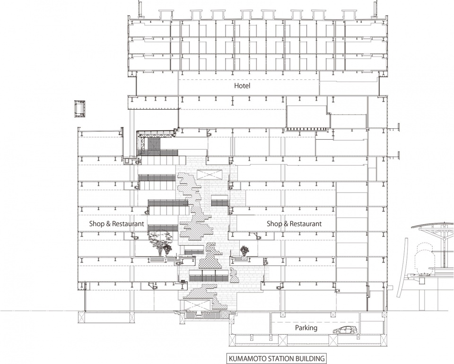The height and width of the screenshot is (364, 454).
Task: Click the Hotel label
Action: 242,85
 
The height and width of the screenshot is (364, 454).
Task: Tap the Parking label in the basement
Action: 306,328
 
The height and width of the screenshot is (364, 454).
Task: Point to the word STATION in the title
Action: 274,358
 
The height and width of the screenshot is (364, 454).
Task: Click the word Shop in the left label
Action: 96,224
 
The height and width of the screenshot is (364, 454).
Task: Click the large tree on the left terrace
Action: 159,242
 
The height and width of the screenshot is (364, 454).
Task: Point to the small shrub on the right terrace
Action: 244,250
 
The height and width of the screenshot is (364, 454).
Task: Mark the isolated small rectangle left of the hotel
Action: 79,109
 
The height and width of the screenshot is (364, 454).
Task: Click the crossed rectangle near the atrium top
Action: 210,175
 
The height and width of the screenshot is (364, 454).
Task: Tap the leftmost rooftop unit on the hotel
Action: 166,14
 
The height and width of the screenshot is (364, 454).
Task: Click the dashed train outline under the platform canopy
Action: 424,257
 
